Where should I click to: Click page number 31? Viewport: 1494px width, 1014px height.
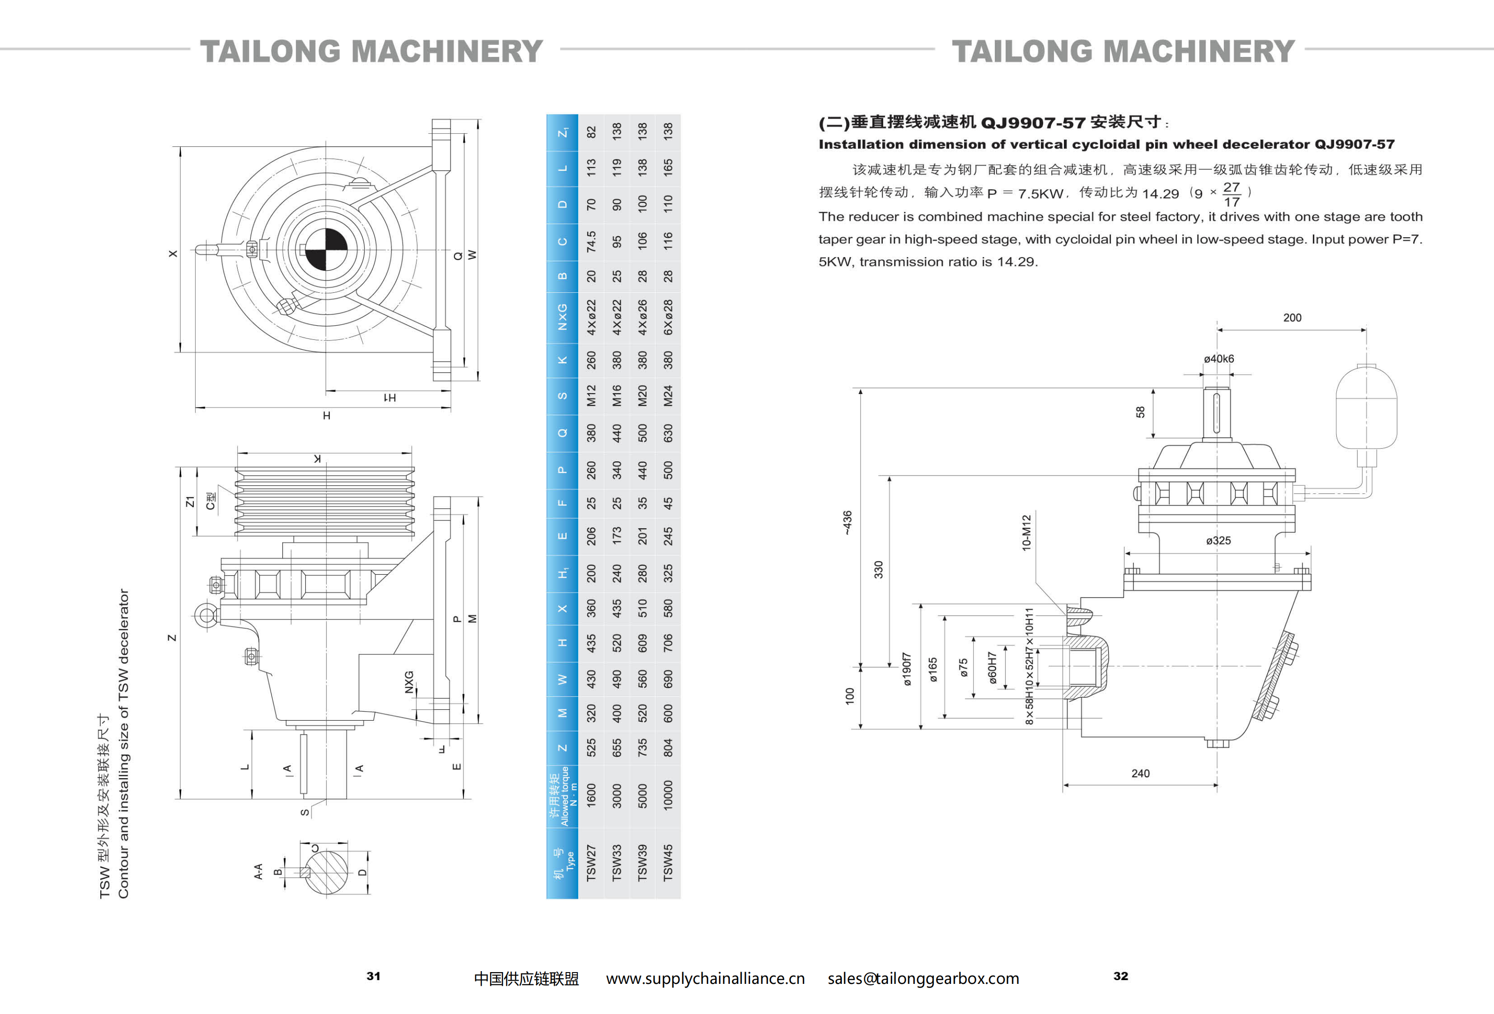pos(374,976)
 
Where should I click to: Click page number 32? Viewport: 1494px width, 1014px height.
pos(1120,976)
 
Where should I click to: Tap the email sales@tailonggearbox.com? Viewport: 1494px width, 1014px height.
pos(923,979)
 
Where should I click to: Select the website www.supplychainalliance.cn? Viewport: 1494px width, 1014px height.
pos(705,979)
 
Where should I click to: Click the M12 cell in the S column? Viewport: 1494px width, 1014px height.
pos(591,395)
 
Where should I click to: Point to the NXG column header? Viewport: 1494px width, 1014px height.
pos(562,317)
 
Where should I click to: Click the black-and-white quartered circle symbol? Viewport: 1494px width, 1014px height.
pos(326,249)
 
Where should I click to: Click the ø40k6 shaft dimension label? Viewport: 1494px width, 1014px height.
pos(1219,359)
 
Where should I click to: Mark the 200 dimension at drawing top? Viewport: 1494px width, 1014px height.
pos(1292,318)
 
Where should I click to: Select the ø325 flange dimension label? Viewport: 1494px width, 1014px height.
pos(1218,541)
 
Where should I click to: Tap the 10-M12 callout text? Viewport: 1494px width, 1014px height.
pos(1027,532)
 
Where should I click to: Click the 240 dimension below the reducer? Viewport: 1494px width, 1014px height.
pos(1141,773)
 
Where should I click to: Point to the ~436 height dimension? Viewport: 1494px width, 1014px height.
pos(847,522)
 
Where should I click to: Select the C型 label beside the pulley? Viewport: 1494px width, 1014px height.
pos(210,501)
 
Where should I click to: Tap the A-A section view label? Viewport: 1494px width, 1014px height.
pos(258,871)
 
